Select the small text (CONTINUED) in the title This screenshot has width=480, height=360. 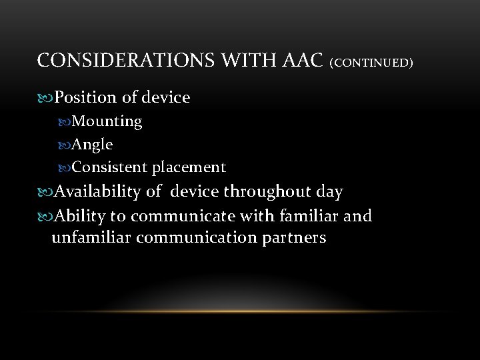coord(371,63)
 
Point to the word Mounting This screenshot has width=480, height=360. coord(107,121)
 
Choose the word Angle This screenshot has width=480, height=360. coord(92,144)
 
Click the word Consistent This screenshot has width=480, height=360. coord(110,167)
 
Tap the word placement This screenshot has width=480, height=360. coord(189,167)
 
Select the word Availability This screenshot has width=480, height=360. coord(98,192)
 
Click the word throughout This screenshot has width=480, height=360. coord(264,193)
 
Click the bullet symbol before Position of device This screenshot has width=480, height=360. coord(45,98)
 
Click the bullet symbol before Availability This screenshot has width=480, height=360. coord(45,193)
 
